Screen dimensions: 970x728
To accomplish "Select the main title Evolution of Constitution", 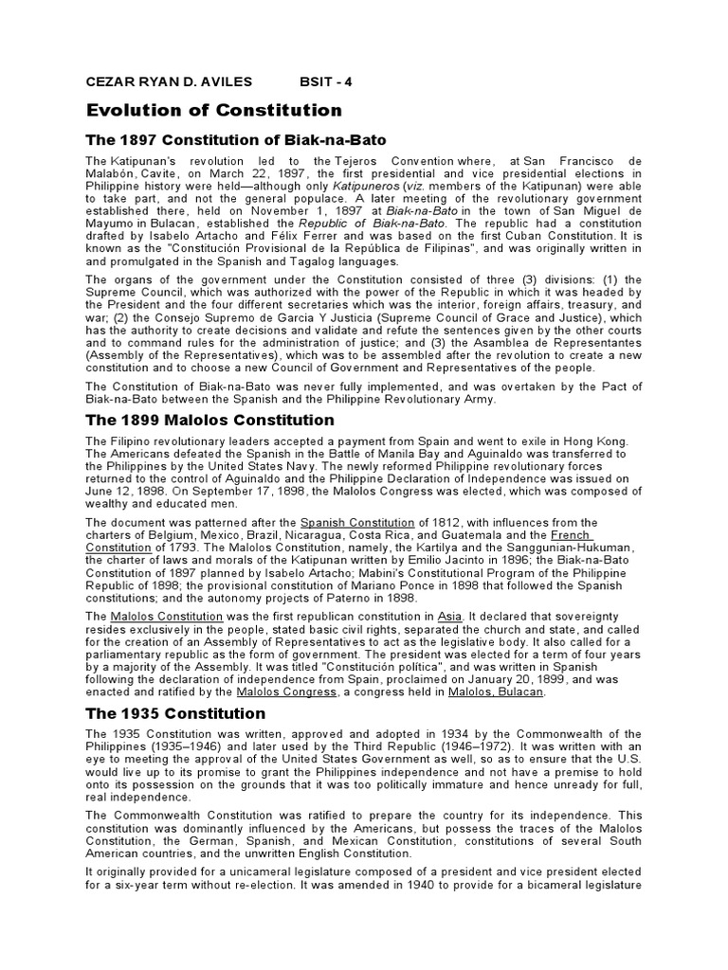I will (x=214, y=111).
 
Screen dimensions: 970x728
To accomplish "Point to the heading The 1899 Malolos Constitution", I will (x=210, y=420).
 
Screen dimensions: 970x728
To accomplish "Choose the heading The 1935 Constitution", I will (x=176, y=713).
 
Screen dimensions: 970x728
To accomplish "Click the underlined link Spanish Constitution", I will (x=357, y=523).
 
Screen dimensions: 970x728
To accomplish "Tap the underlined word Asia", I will (x=449, y=616).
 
